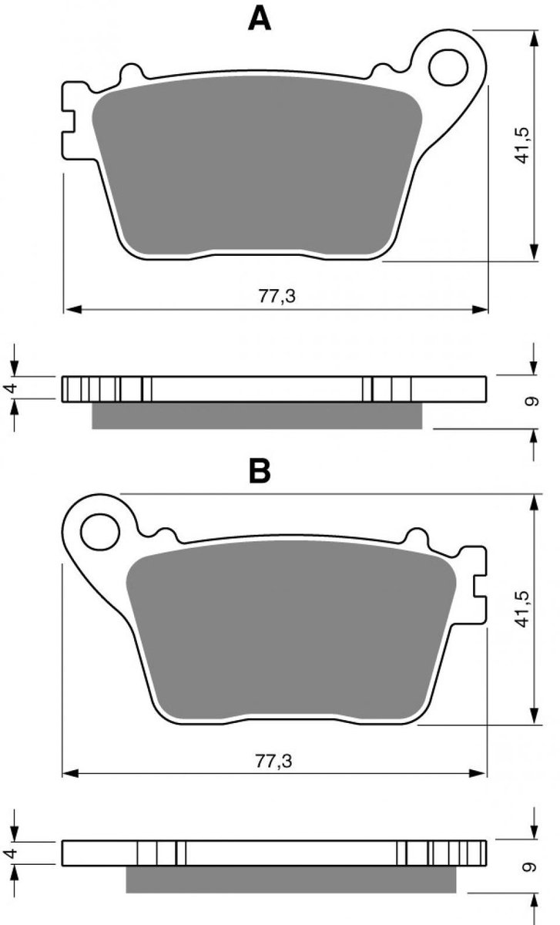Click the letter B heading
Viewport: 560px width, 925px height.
point(260,471)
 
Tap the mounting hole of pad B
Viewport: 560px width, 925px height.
point(100,532)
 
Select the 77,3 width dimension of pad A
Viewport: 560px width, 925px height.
point(277,296)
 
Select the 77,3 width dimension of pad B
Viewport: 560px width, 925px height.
point(273,761)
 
